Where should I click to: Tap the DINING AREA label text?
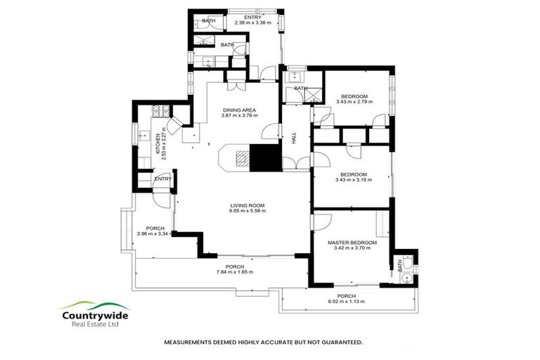click(x=238, y=110)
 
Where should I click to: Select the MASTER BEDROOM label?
click(x=352, y=243)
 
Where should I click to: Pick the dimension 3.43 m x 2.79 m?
click(x=354, y=102)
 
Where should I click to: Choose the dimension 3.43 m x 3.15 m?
click(x=354, y=180)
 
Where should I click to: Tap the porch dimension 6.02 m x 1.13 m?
click(x=351, y=302)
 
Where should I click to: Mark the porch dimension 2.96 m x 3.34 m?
click(x=155, y=234)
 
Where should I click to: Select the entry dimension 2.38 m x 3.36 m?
click(x=252, y=23)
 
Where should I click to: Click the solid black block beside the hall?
click(x=266, y=158)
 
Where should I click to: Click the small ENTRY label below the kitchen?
click(x=162, y=179)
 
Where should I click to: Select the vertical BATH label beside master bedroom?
click(x=400, y=266)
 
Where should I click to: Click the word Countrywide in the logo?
click(x=94, y=315)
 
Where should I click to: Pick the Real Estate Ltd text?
click(x=94, y=325)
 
